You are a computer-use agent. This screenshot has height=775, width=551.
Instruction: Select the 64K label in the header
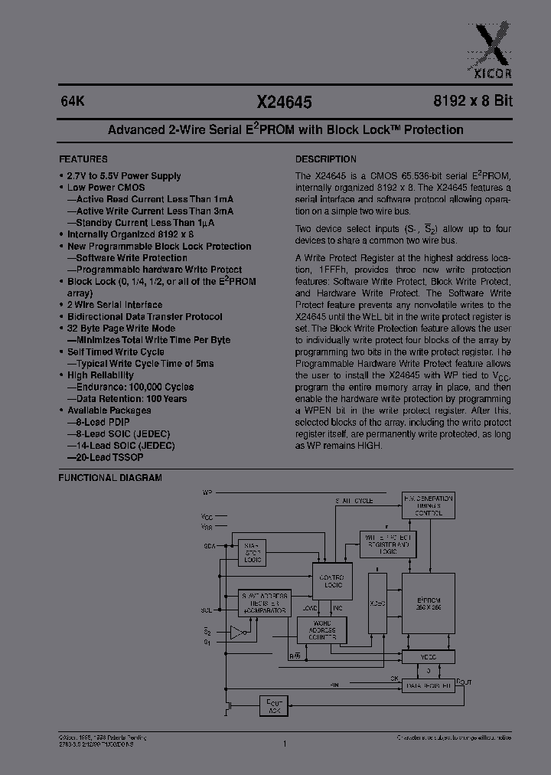[71, 101]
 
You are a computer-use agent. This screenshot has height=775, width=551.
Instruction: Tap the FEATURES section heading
[83, 159]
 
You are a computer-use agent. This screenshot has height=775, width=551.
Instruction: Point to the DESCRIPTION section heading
[326, 159]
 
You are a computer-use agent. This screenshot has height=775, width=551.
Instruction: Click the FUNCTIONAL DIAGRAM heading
[110, 478]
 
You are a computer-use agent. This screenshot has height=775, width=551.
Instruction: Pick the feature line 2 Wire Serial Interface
[115, 305]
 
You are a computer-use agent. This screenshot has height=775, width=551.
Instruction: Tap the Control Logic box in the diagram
[331, 581]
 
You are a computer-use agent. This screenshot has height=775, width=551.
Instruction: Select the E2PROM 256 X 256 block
[429, 602]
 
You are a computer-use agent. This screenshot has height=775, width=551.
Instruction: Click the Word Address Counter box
[321, 630]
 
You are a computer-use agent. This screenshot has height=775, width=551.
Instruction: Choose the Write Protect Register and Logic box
[389, 544]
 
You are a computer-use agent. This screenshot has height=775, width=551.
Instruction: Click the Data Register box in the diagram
[428, 687]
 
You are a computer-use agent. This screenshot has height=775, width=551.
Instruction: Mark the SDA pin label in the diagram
[209, 545]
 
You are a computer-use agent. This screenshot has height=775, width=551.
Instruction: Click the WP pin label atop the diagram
[207, 491]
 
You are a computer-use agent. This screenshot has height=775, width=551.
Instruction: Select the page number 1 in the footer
[284, 743]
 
